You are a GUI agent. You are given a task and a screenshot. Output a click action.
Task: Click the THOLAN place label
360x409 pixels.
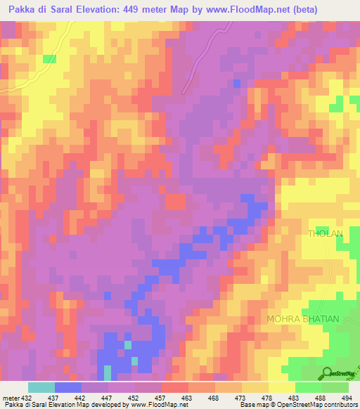(324, 233)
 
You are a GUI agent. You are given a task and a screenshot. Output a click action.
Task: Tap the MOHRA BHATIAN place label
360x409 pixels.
(303, 319)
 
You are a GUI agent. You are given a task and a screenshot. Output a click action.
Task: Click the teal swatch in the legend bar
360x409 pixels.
(41, 387)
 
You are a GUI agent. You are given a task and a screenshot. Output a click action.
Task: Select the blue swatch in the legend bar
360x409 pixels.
(68, 387)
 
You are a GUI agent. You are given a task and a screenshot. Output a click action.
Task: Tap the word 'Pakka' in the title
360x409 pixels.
(22, 10)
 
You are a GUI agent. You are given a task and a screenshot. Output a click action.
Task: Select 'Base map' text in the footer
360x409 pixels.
(252, 404)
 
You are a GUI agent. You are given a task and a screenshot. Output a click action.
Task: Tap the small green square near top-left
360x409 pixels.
(49, 59)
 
